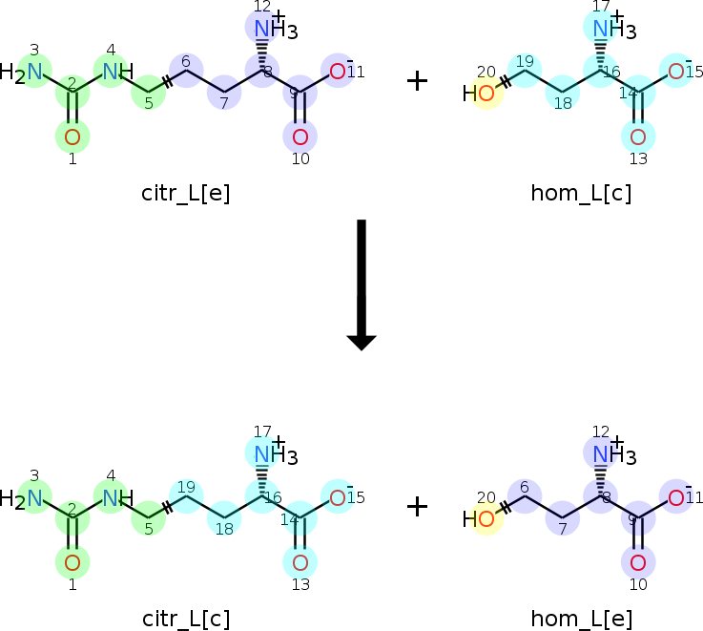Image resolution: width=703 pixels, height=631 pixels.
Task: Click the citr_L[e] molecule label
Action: coord(186,194)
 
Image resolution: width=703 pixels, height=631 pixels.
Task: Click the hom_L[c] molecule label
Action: coord(581,194)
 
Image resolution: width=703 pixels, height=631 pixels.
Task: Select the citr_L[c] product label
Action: coord(186,620)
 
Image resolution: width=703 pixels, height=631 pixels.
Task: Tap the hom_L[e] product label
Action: coord(582,620)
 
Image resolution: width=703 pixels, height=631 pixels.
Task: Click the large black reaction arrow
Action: coord(362,284)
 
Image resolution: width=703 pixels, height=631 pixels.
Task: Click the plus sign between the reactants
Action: coord(417,81)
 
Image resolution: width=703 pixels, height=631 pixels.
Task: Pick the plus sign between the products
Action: coord(417,507)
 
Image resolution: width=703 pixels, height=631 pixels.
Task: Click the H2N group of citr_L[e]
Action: coord(21,73)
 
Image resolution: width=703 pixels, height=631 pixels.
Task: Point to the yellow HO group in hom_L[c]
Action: coord(479,94)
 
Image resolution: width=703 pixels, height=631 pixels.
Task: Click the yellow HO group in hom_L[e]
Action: coord(479,518)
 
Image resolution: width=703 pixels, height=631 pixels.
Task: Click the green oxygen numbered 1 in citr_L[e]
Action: coord(72,137)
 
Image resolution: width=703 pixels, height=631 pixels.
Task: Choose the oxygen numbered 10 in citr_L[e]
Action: coord(300,137)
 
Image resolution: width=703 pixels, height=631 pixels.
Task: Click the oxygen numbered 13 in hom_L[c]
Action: coord(638,137)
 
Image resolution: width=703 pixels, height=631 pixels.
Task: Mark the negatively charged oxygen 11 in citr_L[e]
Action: coord(339,71)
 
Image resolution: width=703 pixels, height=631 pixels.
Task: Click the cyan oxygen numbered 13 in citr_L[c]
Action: coord(300,562)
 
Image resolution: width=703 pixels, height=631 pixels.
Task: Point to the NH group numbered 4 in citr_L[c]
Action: coord(118,497)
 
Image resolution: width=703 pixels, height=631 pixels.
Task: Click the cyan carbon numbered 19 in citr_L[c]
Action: coord(187,495)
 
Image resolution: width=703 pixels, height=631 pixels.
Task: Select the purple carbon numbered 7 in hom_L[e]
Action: coord(563,518)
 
